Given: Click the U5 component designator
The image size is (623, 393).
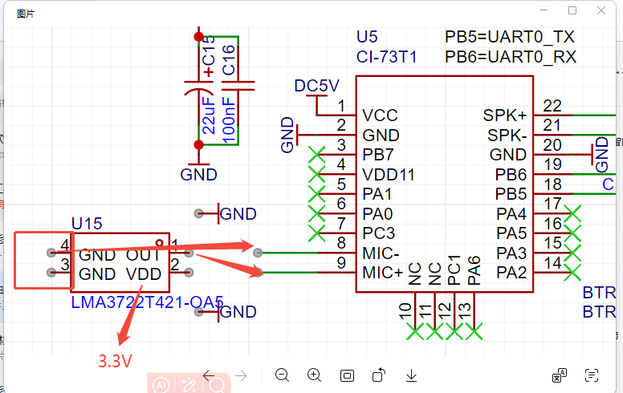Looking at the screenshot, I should pos(367,37).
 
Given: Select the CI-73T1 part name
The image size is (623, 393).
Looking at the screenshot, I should pos(386,57).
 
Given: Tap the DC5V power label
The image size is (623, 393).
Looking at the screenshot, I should pos(316,86).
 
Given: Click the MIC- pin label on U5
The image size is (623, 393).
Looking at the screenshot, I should pos(381,253).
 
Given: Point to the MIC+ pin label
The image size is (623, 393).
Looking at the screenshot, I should pos(382,273).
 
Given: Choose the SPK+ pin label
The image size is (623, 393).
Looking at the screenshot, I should pos(505,115).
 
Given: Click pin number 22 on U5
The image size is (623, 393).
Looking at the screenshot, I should pos(552,106).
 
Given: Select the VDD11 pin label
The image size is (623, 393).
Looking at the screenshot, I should pos(389,174).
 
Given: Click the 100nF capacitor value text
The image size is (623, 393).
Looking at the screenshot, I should pos(228,120).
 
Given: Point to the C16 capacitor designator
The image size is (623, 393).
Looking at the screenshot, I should pos(228,61).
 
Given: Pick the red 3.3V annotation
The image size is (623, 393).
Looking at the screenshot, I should pos(115,361).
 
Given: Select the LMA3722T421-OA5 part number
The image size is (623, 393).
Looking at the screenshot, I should pos(147,302).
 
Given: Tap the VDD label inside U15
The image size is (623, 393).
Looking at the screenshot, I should pos(145,274).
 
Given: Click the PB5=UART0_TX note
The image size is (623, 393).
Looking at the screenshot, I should pos(510,37).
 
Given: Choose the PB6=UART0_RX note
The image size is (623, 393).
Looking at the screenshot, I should pos(511,57).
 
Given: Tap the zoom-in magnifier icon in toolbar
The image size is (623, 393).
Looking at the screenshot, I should pos(315,375).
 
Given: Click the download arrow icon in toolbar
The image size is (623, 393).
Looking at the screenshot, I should pos(411,375).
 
